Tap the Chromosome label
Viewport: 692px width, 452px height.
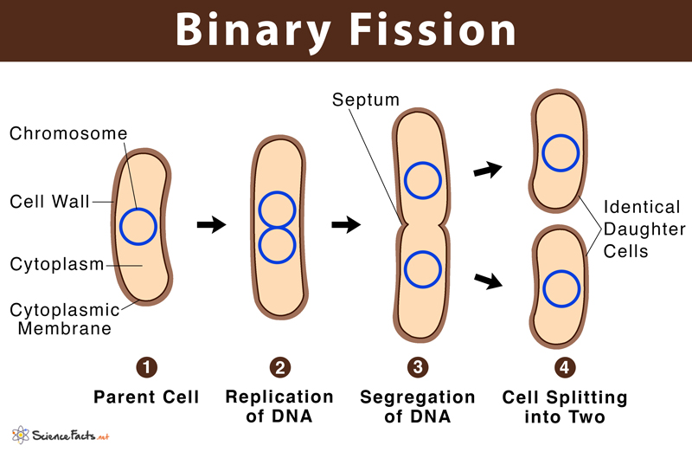[68, 133]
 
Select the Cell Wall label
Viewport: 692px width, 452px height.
[49, 201]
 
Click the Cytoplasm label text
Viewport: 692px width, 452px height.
[56, 264]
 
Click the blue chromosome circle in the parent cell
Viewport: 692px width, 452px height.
[138, 227]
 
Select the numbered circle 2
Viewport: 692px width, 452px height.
[279, 367]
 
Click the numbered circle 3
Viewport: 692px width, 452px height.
[417, 367]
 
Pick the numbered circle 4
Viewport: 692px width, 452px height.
[564, 367]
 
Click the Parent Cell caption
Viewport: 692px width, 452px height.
[146, 397]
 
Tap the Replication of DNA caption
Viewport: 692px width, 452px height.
[279, 407]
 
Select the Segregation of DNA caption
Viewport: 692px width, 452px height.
[417, 407]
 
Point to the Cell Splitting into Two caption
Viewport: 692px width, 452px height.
[564, 407]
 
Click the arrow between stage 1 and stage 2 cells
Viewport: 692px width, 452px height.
[211, 225]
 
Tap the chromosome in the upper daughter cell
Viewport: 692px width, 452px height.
[560, 152]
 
